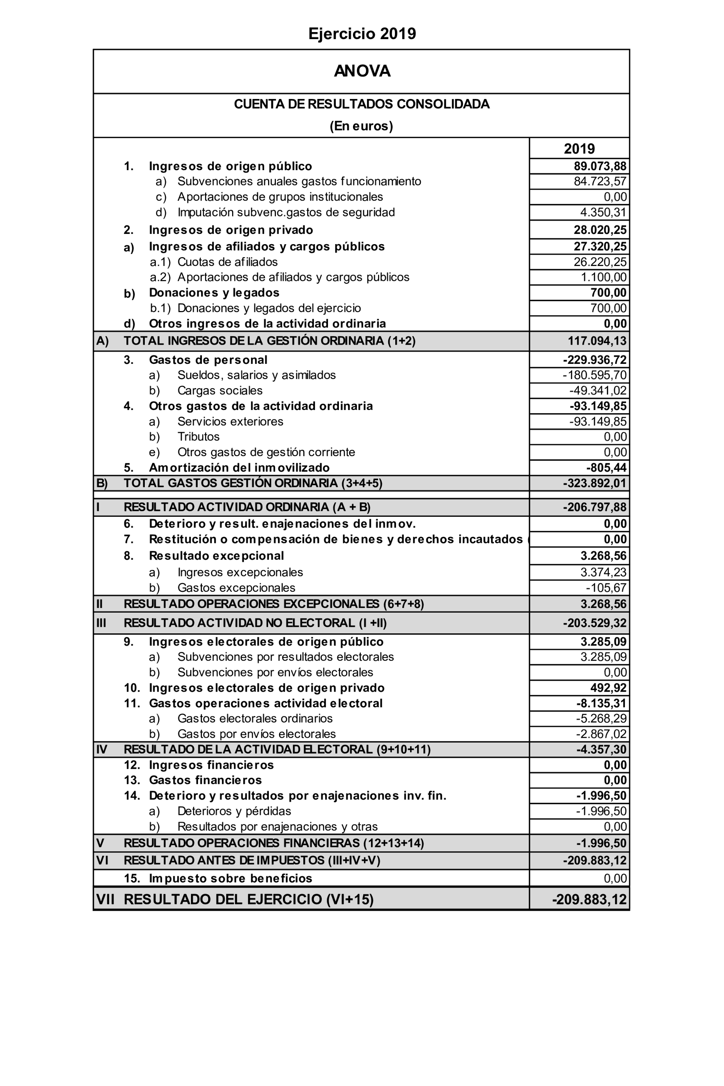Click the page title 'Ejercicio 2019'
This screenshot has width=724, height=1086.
point(362,34)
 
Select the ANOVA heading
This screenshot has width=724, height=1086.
point(362,71)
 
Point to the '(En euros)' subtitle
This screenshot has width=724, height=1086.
point(361,126)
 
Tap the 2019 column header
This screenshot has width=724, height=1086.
point(579,149)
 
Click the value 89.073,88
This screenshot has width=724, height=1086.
point(600,166)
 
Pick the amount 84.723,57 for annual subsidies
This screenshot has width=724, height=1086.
point(600,182)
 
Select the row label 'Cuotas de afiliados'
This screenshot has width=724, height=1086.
point(228,262)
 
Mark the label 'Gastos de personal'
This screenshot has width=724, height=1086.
point(208,360)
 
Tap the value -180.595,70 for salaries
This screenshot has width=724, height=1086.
point(594,375)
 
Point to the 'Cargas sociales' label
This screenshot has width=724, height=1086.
point(220,390)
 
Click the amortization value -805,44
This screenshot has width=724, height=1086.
point(606,468)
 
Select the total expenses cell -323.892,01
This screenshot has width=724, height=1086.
point(594,483)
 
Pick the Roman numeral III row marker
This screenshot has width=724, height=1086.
point(101,623)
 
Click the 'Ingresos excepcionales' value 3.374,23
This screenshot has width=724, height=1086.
point(603,572)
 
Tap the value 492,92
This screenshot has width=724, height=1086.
point(608,688)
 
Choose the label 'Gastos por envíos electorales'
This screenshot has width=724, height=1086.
point(256,734)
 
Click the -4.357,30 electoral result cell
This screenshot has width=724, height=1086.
point(601,750)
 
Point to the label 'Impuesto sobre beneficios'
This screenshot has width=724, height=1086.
point(230,878)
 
